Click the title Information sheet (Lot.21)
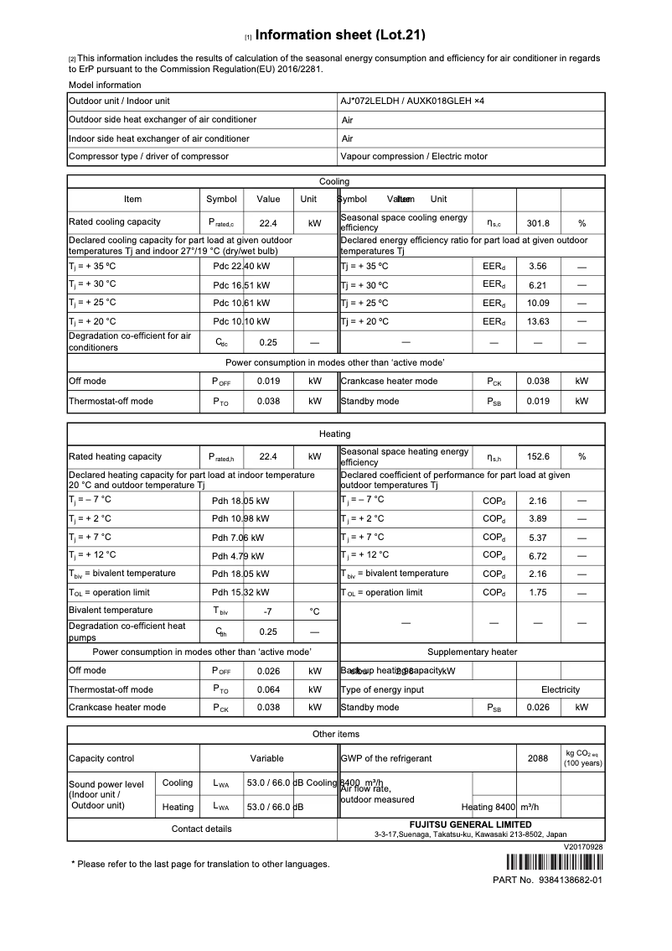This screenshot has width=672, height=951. click(x=339, y=35)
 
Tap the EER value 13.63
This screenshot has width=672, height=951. click(x=537, y=321)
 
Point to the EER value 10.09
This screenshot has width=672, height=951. click(x=537, y=303)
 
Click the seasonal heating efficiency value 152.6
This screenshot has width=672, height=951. click(x=537, y=457)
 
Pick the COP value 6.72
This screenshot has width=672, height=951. click(x=537, y=556)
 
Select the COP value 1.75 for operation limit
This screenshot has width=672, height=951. click(x=537, y=593)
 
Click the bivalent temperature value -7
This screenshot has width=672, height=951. click(x=267, y=611)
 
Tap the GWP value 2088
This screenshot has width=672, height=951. click(x=537, y=758)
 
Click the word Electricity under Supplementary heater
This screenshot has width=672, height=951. click(x=561, y=689)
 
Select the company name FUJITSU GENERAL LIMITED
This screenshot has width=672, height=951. click(x=470, y=824)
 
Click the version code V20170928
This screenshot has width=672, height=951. click(x=583, y=847)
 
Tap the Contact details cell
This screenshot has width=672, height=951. click(x=201, y=829)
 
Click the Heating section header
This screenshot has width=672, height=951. click(x=335, y=434)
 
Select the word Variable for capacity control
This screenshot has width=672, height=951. click(x=266, y=758)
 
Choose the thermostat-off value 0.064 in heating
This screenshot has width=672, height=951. click(x=267, y=689)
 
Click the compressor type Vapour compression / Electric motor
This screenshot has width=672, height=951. click(x=414, y=156)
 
